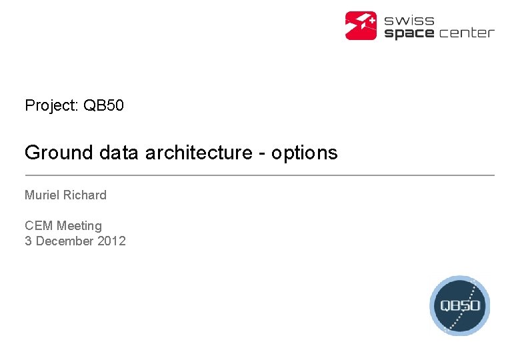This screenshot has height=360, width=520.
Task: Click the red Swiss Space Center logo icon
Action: [x=361, y=25]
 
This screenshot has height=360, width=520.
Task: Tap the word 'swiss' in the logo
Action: [x=409, y=20]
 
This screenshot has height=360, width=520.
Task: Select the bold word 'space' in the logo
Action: [x=409, y=33]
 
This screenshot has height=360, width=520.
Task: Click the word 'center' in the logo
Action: [x=467, y=33]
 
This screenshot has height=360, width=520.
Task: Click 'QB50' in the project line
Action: [x=103, y=105]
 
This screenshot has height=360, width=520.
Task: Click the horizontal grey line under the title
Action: [x=259, y=175]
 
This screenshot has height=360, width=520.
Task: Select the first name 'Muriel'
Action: [x=42, y=195]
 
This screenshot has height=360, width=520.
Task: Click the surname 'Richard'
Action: [x=85, y=195]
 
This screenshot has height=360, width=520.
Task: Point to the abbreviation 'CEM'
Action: [x=39, y=226]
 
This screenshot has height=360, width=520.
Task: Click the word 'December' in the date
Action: [x=65, y=241]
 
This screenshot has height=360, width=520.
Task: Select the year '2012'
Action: [x=111, y=241]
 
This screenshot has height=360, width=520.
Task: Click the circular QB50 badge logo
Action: [x=459, y=305]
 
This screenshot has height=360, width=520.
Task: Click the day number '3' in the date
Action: [x=28, y=241]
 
